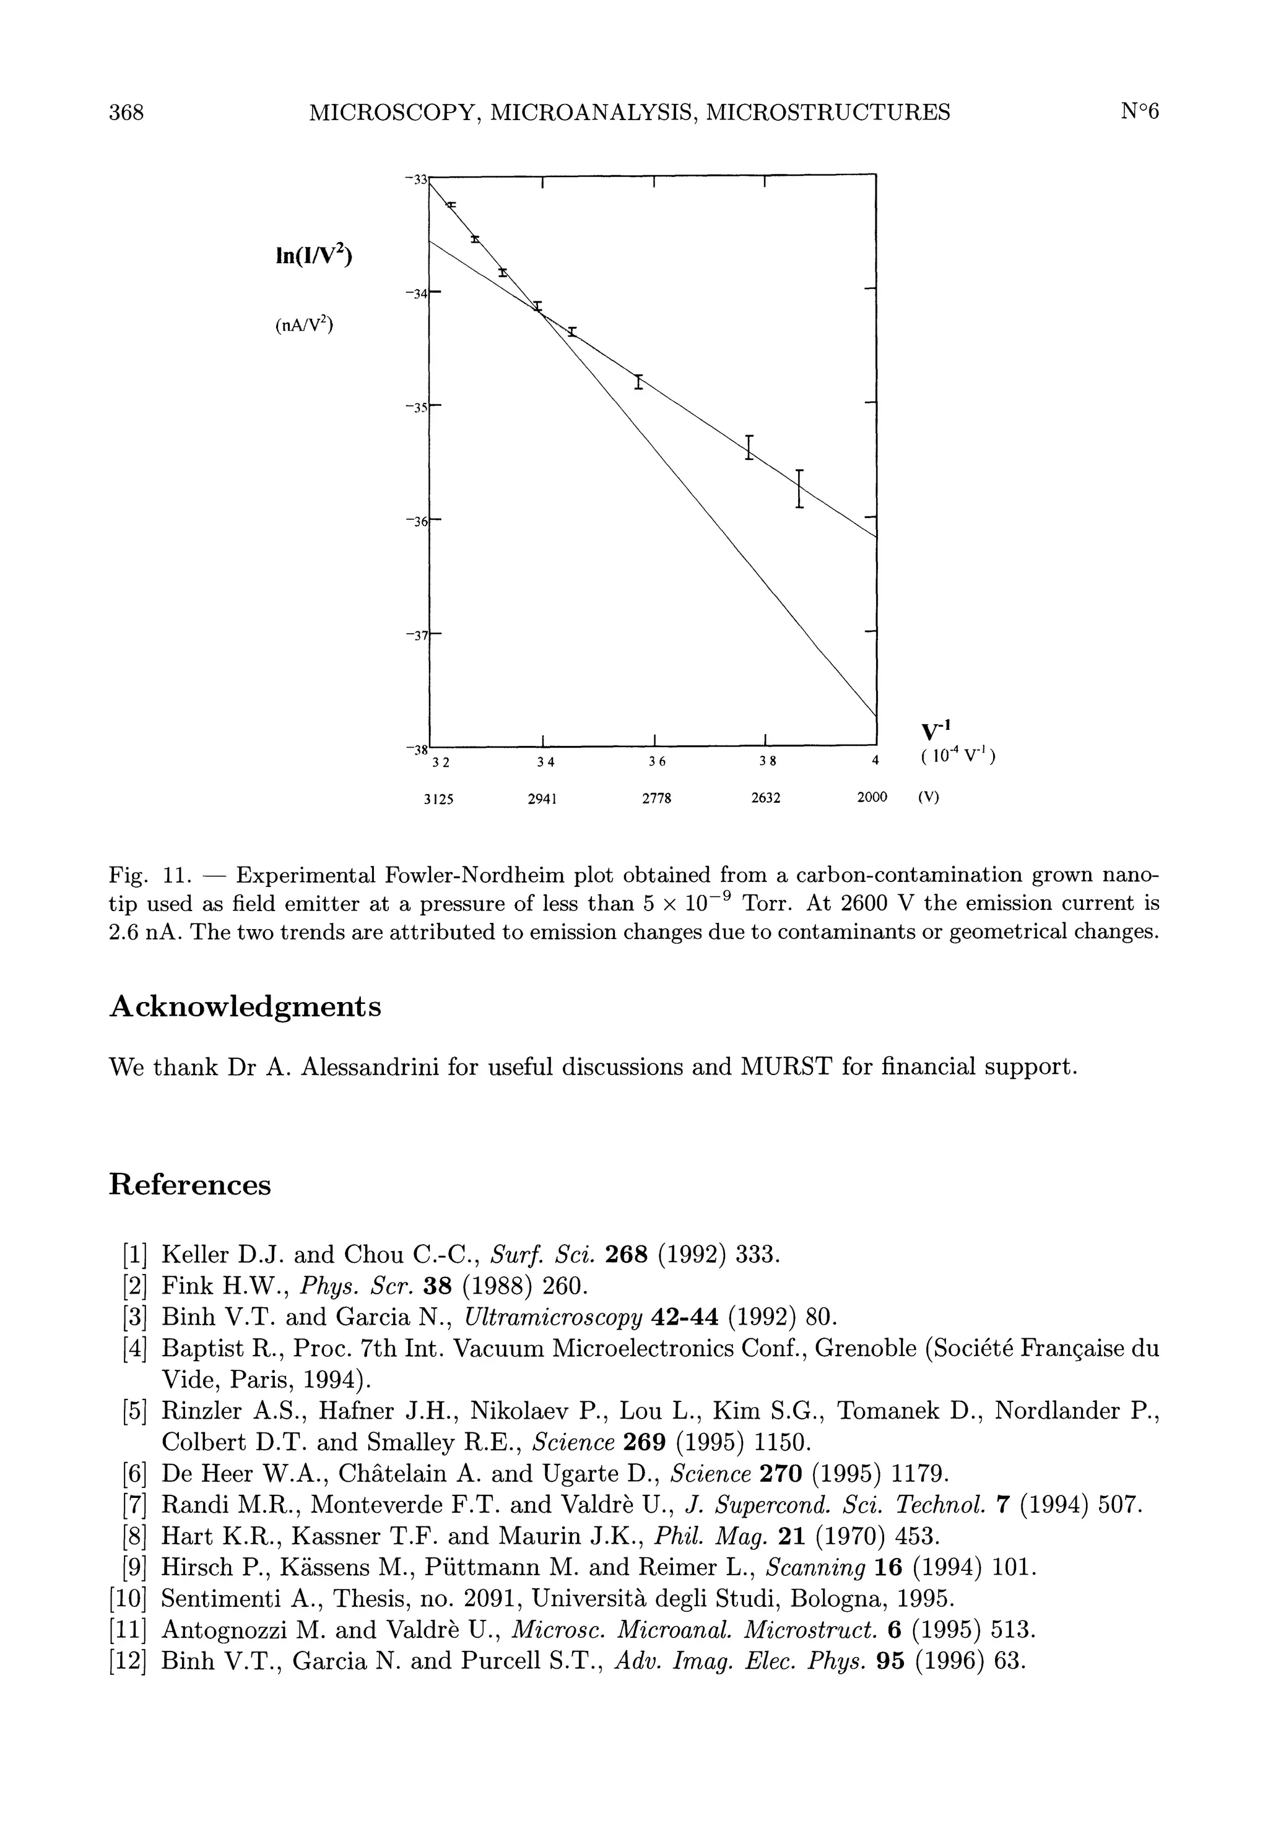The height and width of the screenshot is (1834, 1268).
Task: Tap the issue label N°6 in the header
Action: (1139, 112)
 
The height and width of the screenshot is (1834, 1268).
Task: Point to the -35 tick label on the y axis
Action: (415, 407)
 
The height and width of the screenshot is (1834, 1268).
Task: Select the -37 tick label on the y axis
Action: (415, 636)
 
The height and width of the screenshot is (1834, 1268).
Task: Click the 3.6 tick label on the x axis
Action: (656, 761)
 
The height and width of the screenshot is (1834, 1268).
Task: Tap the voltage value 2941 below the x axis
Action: (541, 799)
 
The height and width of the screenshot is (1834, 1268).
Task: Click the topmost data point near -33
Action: (451, 205)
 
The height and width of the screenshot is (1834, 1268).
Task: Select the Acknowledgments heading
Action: (245, 1007)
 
